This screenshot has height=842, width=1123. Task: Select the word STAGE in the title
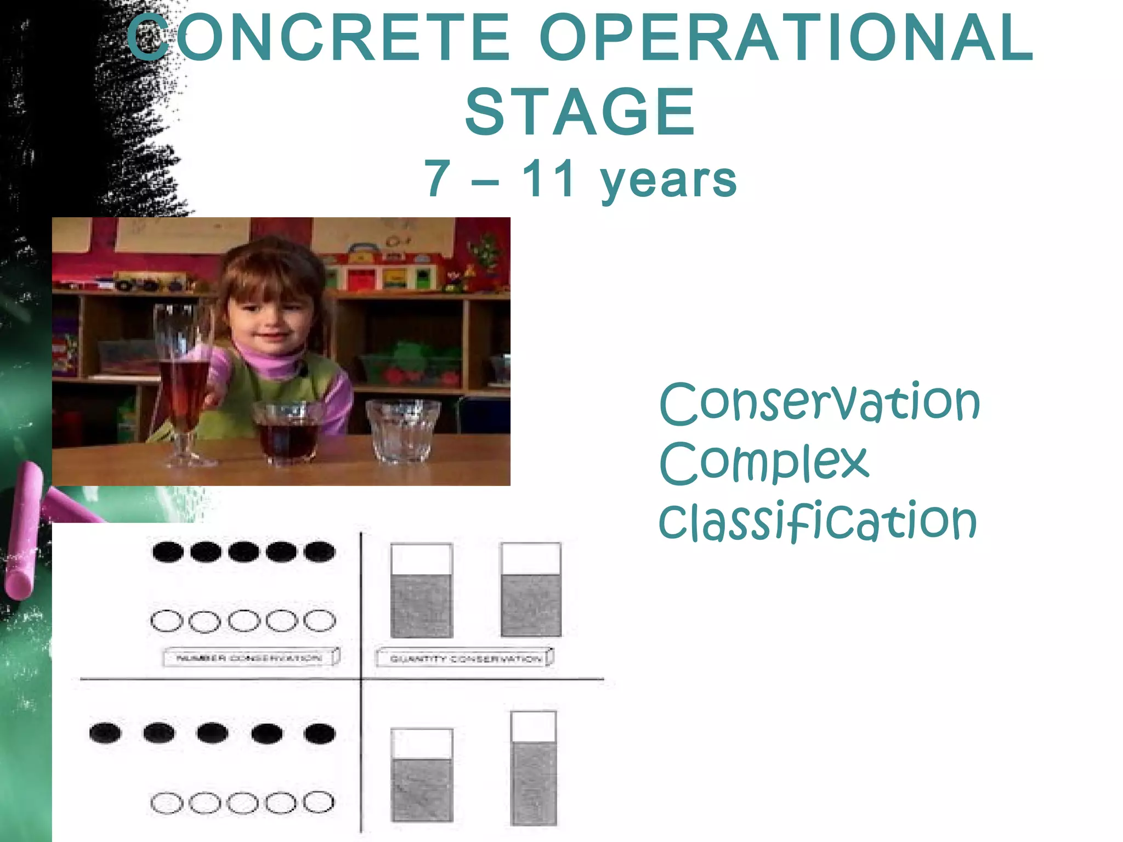[580, 112]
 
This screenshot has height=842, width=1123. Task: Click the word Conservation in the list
[819, 403]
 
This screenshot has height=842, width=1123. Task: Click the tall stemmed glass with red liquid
[182, 384]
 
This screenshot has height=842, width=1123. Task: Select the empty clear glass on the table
[403, 431]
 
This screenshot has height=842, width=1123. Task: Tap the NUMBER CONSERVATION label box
[251, 657]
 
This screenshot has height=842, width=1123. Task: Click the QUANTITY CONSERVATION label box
[464, 658]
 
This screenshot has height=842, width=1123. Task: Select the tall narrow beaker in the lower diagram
[533, 768]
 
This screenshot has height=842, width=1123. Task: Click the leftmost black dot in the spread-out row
[105, 733]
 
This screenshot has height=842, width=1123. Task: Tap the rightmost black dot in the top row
[319, 551]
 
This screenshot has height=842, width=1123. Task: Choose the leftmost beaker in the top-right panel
[421, 590]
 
